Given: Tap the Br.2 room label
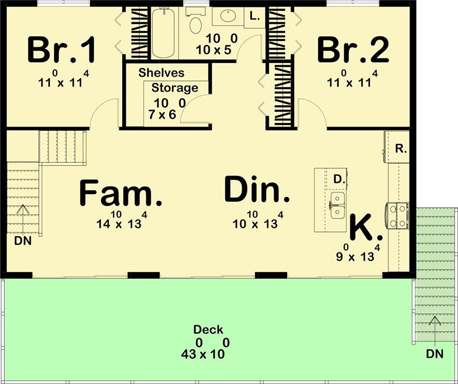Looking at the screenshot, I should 352,50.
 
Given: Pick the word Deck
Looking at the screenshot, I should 209,330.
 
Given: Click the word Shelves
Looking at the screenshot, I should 161,73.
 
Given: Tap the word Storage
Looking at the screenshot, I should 175,88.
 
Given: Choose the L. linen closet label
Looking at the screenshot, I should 255,17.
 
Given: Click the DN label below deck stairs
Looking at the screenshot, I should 434,354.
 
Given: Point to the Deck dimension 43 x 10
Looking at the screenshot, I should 204,354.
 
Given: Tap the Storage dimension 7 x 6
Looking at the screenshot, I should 164,114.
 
